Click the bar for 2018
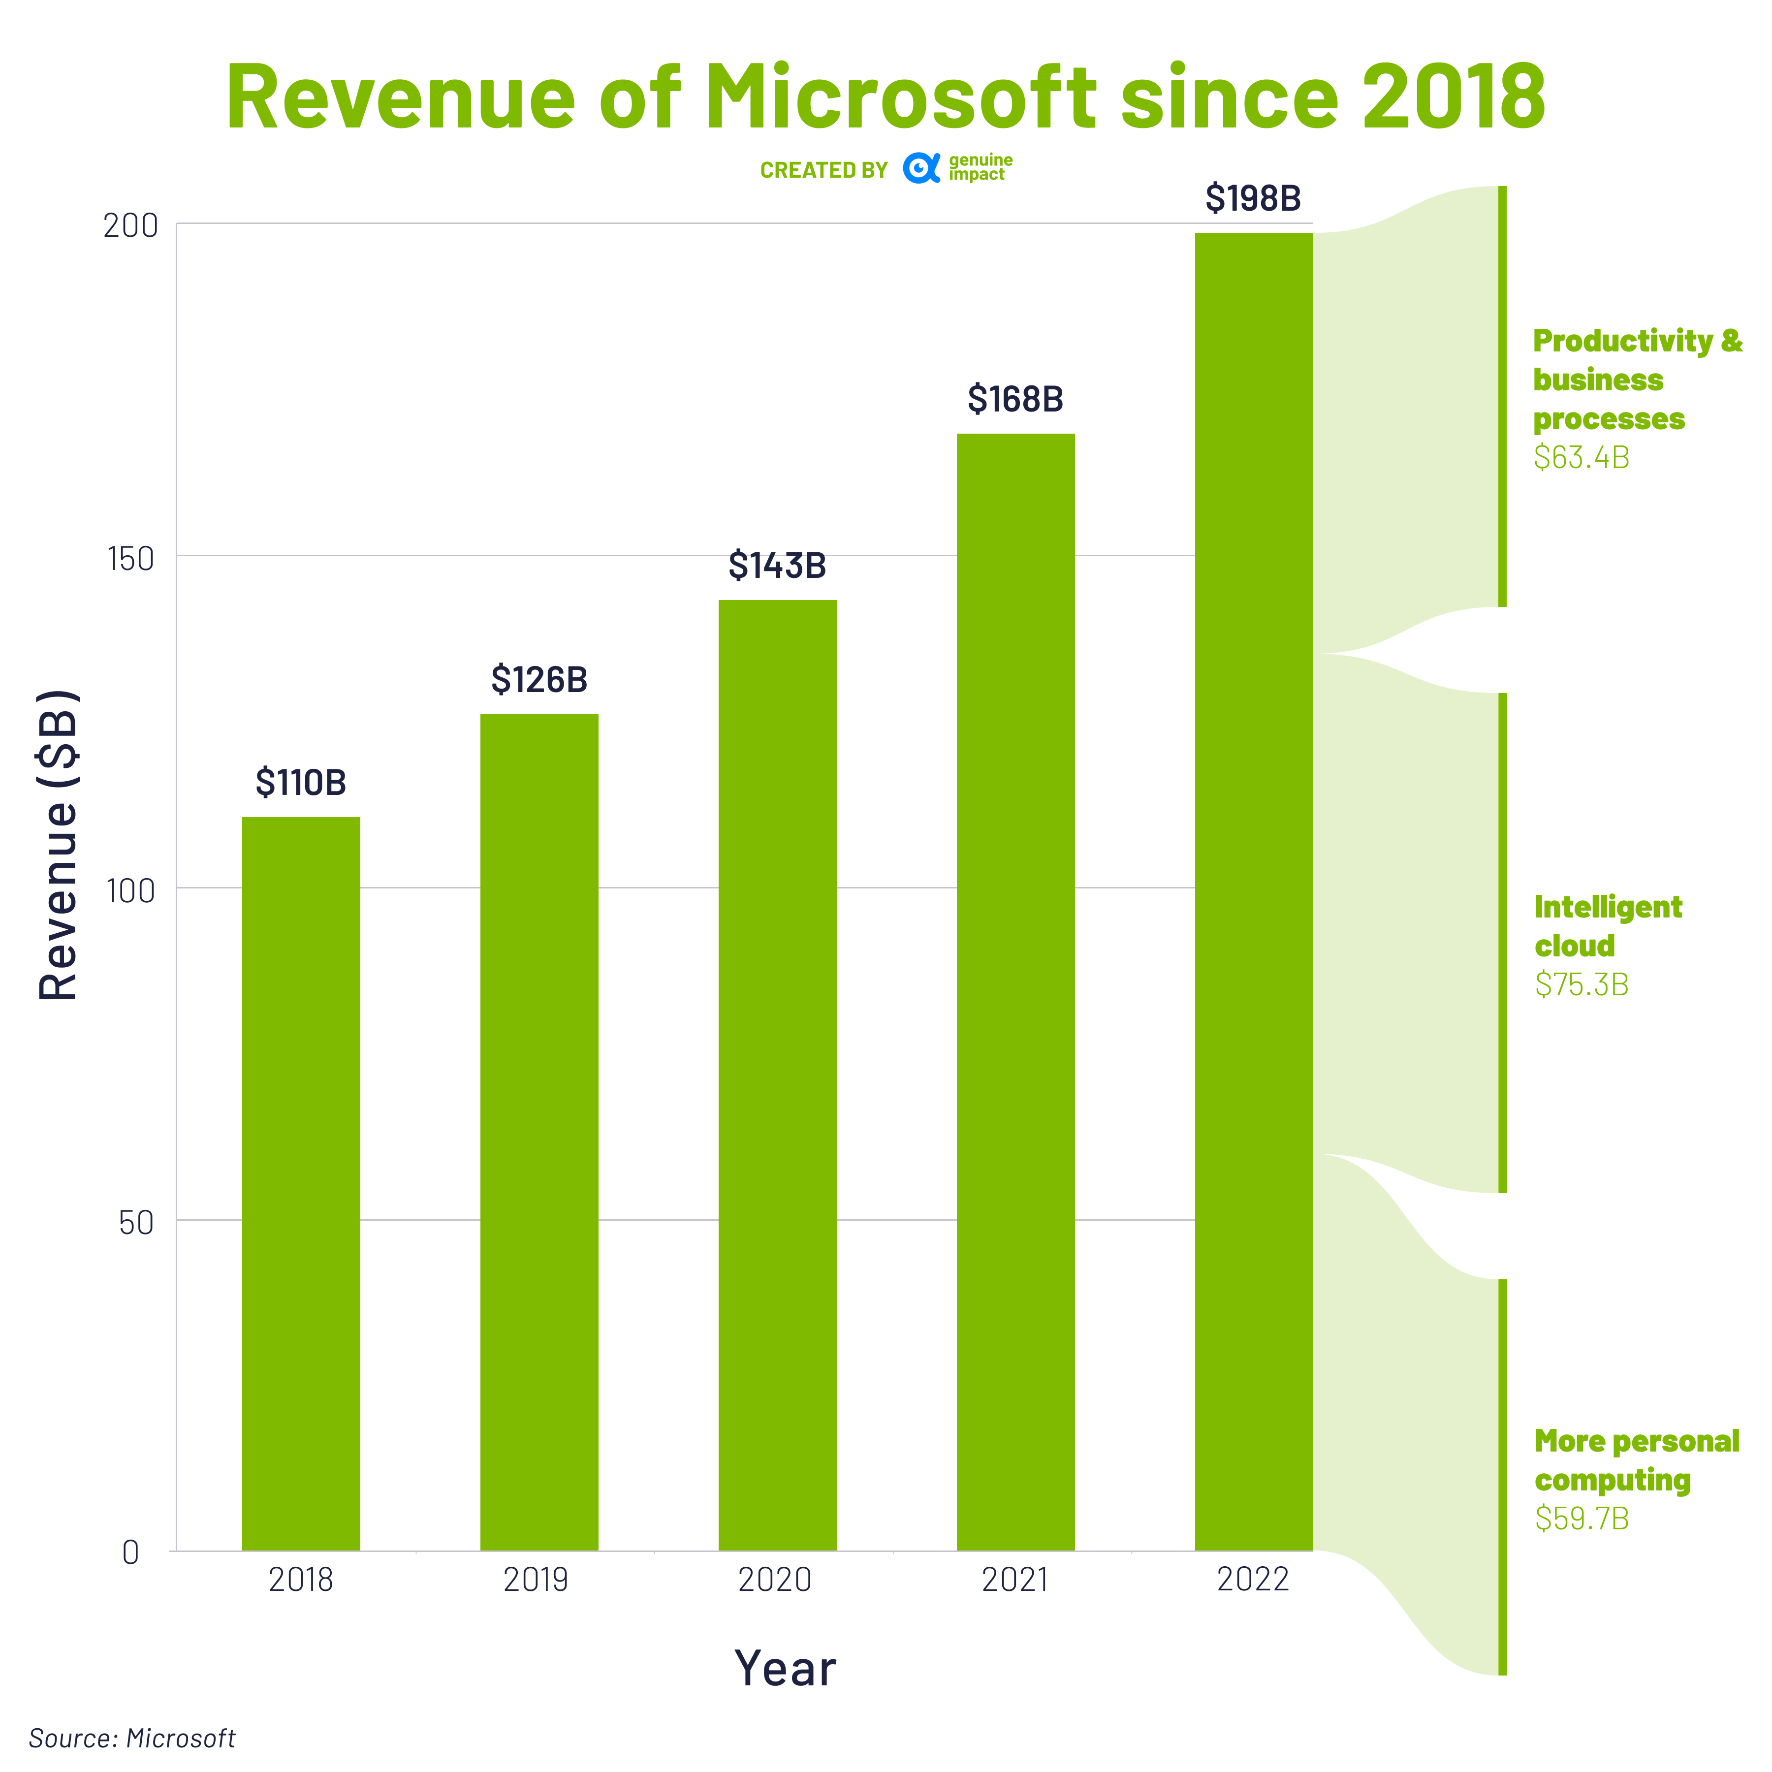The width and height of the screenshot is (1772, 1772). pos(301,1183)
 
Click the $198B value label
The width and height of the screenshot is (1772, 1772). pos(1253,198)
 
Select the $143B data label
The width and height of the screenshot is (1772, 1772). pos(777,566)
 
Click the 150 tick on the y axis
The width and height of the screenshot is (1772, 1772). pos(130,559)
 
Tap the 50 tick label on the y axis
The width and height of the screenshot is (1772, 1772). pos(136,1223)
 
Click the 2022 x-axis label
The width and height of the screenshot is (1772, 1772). pos(1253,1580)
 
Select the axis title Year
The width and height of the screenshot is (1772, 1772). pos(785,1668)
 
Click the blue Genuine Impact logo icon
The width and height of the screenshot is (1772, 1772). pos(921,169)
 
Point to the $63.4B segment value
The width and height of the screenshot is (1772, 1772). pos(1581,458)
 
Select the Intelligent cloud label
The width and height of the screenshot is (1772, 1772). pos(1607,925)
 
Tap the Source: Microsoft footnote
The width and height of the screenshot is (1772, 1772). pos(132,1738)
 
